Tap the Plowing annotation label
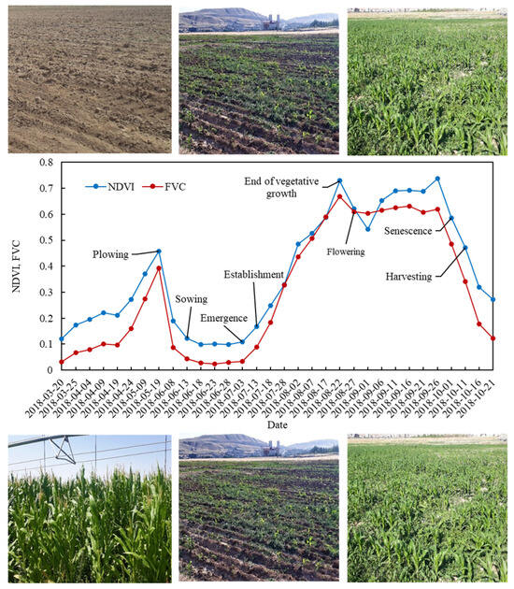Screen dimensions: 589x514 [x=116, y=253]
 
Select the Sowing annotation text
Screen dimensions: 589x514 [x=191, y=299]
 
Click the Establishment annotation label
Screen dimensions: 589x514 [x=253, y=275]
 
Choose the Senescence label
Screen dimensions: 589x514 [x=416, y=229]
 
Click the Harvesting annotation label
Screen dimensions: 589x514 [x=416, y=275]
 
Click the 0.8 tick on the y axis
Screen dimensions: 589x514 [x=44, y=163]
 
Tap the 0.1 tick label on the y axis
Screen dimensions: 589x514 [x=44, y=345]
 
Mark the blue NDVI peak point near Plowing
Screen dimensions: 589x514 [x=159, y=251]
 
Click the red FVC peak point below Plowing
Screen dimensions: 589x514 [x=159, y=268]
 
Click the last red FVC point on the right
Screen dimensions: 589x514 [x=493, y=338]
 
